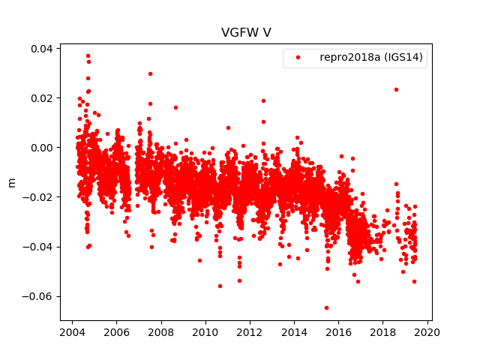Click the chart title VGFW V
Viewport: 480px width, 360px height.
[x=240, y=32]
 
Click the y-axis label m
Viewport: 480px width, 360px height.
[x=11, y=182]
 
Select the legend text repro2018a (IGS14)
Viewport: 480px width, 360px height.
[x=373, y=57]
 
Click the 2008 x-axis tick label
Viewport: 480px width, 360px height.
[x=161, y=333]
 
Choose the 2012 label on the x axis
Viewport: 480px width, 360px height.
[x=250, y=333]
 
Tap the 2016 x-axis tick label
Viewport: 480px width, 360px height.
[x=339, y=333]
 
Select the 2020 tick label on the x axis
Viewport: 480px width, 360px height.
[x=427, y=333]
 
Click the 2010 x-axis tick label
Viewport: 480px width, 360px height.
[x=205, y=333]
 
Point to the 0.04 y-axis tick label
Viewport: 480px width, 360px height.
[x=41, y=49]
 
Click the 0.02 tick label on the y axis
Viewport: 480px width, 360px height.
[x=41, y=98]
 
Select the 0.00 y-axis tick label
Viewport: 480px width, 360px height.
[x=41, y=148]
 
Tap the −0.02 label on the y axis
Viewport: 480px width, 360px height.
[x=38, y=197]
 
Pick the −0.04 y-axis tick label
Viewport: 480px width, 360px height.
[x=38, y=247]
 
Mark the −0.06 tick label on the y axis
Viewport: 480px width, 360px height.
[x=38, y=296]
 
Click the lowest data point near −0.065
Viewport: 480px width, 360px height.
[x=326, y=307]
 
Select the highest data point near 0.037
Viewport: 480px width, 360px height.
[x=88, y=55]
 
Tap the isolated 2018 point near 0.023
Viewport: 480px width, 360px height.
[x=396, y=89]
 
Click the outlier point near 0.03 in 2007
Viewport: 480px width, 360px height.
[x=150, y=73]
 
